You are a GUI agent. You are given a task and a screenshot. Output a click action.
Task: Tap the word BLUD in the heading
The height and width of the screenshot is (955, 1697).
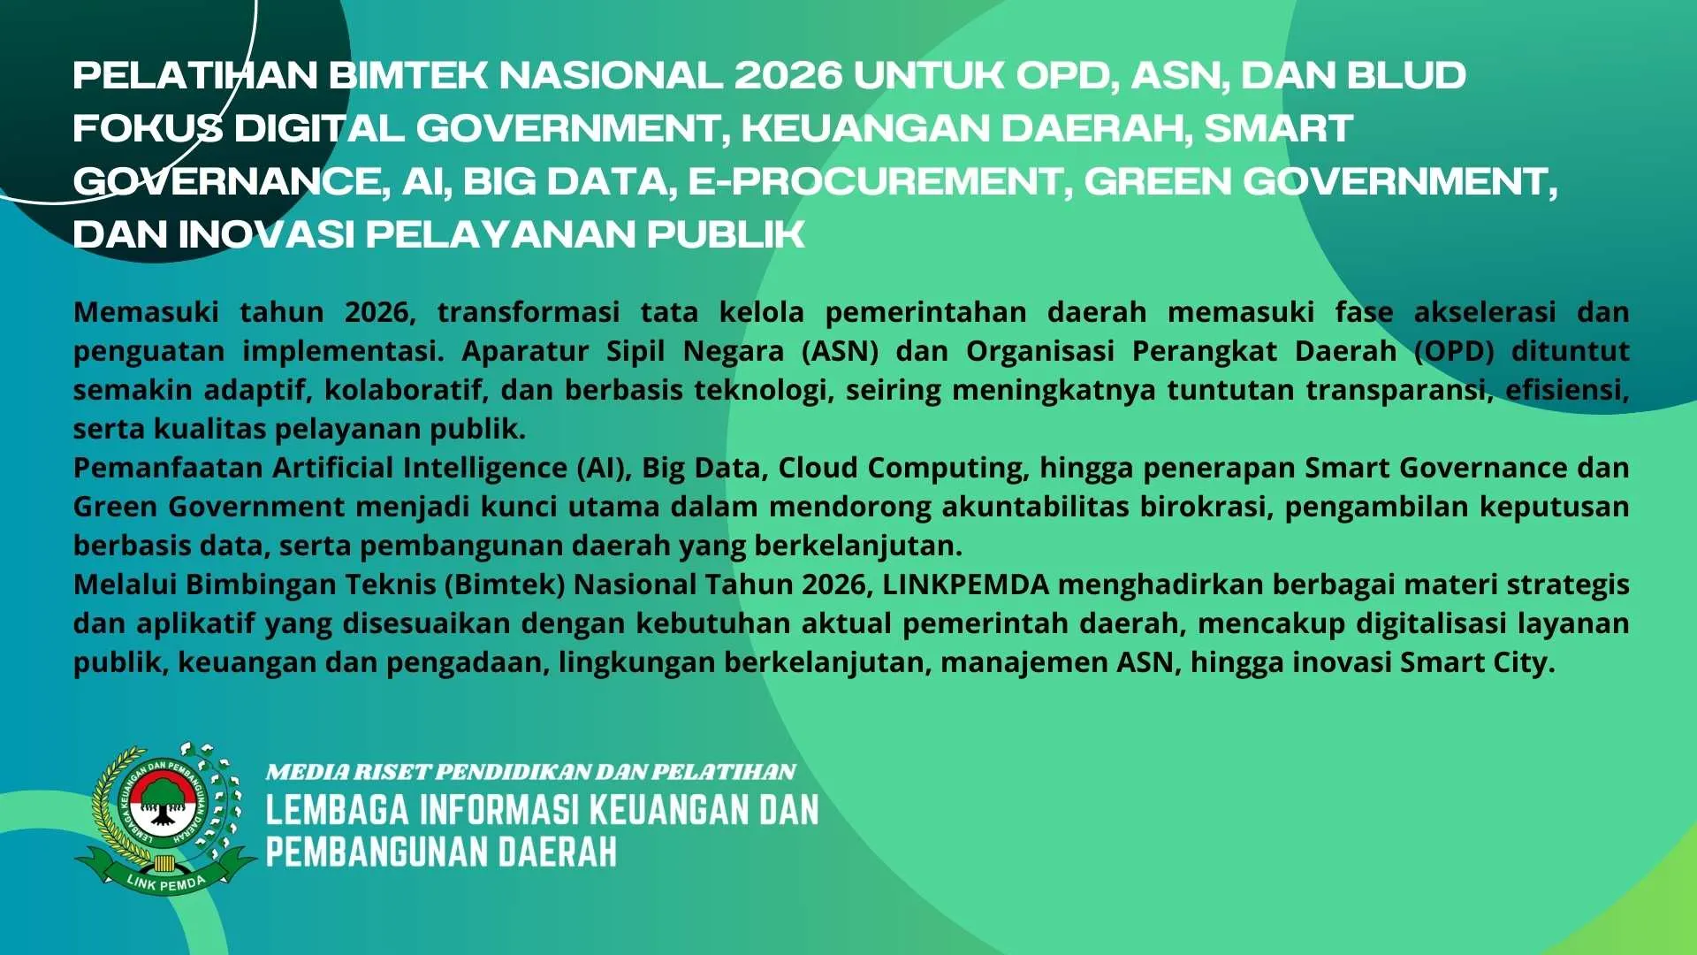point(1407,75)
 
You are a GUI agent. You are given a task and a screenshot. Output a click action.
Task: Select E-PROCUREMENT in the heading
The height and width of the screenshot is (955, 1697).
point(875,181)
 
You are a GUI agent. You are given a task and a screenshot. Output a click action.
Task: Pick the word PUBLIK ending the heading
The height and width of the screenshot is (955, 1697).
point(726,234)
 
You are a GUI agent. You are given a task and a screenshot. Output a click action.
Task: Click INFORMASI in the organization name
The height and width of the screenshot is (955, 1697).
point(498,810)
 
